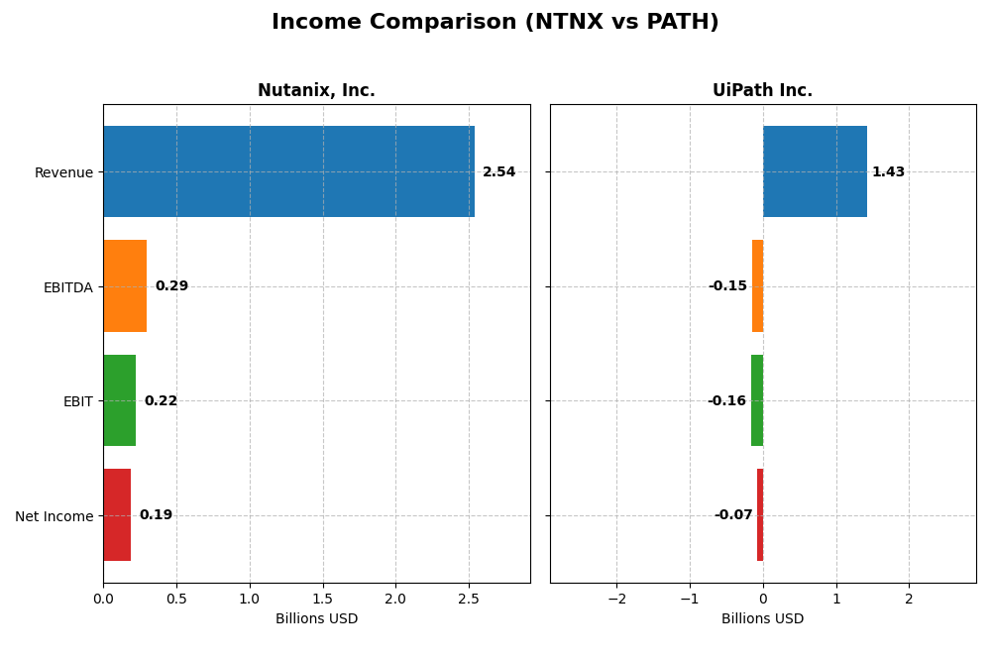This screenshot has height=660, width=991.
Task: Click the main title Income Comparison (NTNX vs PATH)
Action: point(495,22)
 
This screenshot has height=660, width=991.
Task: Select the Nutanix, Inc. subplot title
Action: point(316,90)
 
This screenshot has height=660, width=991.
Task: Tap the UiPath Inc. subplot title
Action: point(762,90)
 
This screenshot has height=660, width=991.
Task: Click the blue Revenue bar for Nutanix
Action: point(288,171)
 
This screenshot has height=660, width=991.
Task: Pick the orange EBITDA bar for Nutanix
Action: point(125,285)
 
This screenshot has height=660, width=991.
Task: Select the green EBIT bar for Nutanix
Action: point(120,400)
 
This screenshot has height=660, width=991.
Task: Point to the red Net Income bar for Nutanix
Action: point(117,514)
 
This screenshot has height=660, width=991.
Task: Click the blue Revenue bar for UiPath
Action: point(815,171)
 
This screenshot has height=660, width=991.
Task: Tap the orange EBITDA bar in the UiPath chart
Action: point(757,285)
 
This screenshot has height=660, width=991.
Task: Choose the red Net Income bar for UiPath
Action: point(760,514)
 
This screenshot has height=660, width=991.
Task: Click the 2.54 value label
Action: point(498,172)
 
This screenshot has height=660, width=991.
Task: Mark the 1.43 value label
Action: point(888,172)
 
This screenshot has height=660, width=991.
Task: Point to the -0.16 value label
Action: point(726,401)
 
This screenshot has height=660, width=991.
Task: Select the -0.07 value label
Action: point(733,515)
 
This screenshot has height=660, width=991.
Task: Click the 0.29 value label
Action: point(171,286)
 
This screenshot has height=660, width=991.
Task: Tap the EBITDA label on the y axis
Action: point(68,287)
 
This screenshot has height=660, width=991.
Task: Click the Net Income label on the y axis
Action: point(55,516)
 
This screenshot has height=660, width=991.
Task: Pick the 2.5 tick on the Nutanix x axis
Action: point(469,599)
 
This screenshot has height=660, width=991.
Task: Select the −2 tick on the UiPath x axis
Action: point(616,599)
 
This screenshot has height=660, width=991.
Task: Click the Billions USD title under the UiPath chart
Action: point(762,618)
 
